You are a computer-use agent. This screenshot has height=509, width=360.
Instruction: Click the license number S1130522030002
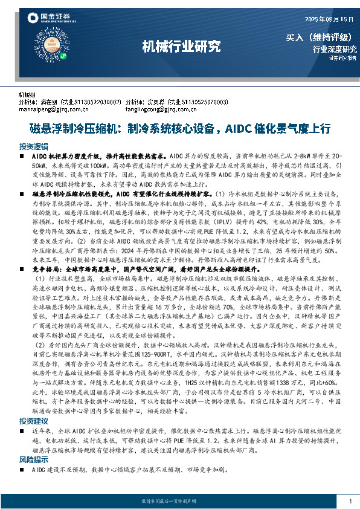(x=95, y=102)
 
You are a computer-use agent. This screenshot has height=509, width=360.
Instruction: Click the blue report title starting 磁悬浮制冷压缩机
(x=180, y=128)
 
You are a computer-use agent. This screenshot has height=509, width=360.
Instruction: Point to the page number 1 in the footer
(x=350, y=502)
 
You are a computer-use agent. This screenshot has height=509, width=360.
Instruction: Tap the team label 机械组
(x=27, y=95)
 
